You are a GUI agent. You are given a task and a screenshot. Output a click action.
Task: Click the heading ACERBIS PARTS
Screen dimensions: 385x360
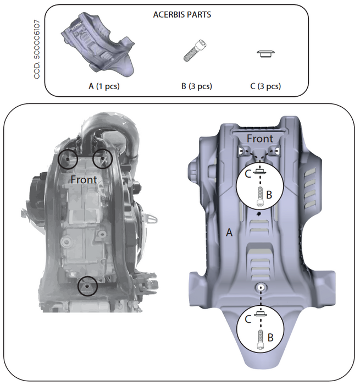(182, 15)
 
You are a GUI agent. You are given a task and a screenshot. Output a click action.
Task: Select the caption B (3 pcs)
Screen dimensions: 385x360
(196, 86)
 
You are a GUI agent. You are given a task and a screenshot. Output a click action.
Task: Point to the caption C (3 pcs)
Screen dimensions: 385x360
(265, 86)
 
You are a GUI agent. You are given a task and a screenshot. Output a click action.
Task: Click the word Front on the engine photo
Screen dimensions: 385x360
(83, 179)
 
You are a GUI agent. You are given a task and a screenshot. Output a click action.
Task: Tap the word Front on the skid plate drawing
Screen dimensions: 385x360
(259, 139)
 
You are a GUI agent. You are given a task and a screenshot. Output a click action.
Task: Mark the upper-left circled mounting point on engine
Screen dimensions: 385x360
(68, 158)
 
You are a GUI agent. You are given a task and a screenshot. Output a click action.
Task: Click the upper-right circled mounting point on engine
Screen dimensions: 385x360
(102, 158)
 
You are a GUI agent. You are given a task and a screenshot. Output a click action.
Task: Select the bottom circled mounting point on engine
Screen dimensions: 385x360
(87, 286)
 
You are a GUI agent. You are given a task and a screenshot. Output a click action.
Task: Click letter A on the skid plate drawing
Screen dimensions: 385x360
(230, 234)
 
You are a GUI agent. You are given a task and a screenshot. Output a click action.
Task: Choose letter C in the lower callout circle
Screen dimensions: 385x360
(247, 317)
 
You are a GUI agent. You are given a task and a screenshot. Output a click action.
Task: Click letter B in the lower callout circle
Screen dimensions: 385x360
(270, 337)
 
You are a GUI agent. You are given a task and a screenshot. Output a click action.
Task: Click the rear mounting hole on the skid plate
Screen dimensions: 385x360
(260, 287)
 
